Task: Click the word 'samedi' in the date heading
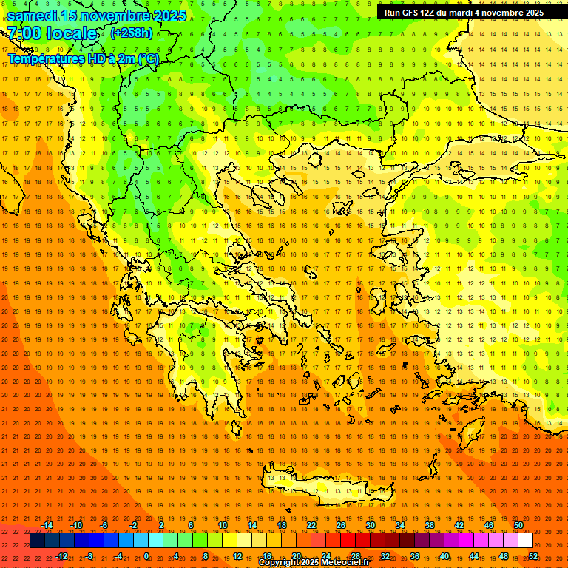click(x=32, y=15)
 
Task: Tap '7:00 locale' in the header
click(x=52, y=33)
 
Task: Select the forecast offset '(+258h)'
click(x=132, y=33)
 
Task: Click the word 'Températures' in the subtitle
click(x=43, y=58)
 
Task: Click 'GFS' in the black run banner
click(x=413, y=13)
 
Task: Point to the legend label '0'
click(x=147, y=556)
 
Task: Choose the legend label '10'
click(x=222, y=525)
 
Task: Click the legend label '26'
click(x=340, y=525)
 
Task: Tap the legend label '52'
click(x=533, y=556)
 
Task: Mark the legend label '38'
click(x=429, y=525)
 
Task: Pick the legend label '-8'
click(x=89, y=556)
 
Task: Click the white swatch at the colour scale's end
click(x=525, y=541)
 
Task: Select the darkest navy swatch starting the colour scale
click(x=37, y=541)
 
